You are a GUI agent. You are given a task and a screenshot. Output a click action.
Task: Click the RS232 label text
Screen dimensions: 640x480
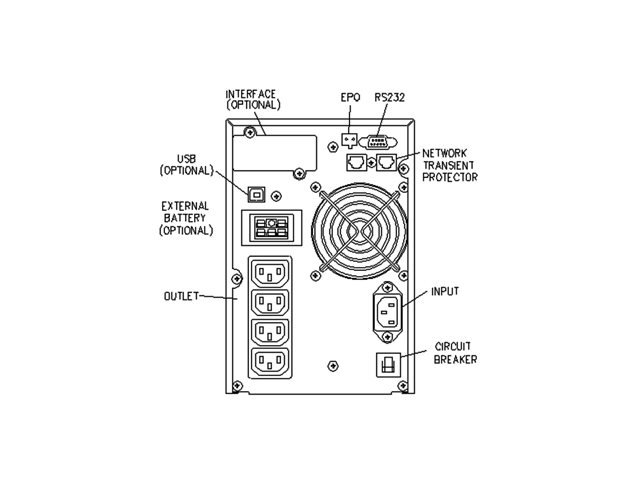pyautogui.click(x=389, y=98)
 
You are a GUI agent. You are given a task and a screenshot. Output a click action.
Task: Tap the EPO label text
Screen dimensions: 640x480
pyautogui.click(x=350, y=98)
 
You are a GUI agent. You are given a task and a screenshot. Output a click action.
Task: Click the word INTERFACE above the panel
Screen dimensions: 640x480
pyautogui.click(x=251, y=94)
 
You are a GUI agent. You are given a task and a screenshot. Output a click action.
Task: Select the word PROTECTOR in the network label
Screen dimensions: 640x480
pyautogui.click(x=450, y=177)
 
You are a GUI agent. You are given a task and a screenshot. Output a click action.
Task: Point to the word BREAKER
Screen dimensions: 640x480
pyautogui.click(x=455, y=360)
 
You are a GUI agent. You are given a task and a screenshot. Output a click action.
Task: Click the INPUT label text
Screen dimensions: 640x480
pyautogui.click(x=445, y=291)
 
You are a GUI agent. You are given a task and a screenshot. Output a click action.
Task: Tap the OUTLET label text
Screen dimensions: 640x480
pyautogui.click(x=181, y=296)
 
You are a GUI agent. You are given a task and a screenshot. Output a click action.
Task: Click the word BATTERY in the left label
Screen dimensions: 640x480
pyautogui.click(x=185, y=218)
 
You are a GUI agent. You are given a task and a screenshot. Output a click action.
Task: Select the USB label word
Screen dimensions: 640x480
pyautogui.click(x=186, y=159)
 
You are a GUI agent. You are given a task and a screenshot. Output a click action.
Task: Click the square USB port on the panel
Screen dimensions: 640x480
pyautogui.click(x=256, y=195)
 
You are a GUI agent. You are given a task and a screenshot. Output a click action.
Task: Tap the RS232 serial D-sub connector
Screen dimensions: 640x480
pyautogui.click(x=378, y=142)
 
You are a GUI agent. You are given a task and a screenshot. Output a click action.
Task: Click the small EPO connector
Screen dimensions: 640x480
pyautogui.click(x=349, y=140)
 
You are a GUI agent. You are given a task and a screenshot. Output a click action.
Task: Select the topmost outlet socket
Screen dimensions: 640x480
pyautogui.click(x=270, y=272)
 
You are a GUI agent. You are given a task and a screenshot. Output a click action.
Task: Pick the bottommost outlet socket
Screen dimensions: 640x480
pyautogui.click(x=270, y=362)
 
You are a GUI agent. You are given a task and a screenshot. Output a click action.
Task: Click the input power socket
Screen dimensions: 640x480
pyautogui.click(x=388, y=312)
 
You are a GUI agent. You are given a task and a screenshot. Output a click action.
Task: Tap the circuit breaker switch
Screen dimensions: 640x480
pyautogui.click(x=388, y=364)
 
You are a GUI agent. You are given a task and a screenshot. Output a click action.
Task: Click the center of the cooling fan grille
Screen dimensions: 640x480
pyautogui.click(x=360, y=231)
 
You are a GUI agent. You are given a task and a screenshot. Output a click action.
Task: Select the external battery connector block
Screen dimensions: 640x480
pyautogui.click(x=271, y=228)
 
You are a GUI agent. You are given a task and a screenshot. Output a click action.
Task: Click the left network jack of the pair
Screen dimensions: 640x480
pyautogui.click(x=356, y=162)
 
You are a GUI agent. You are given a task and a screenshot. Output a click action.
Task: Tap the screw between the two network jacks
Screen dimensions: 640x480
pyautogui.click(x=371, y=162)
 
